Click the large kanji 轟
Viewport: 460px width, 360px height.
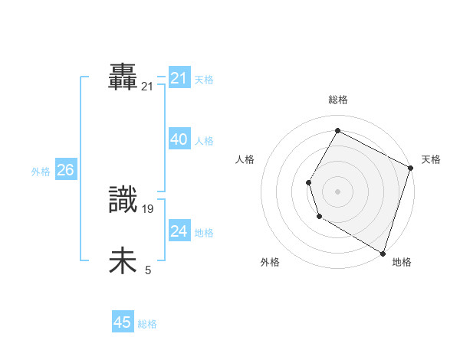123,78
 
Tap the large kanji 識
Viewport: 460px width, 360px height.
123,201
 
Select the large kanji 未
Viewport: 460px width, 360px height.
123,261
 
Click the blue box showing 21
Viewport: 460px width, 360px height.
179,78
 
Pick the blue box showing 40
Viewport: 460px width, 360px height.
179,139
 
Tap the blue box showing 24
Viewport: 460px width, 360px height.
179,231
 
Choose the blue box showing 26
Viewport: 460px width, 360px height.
65,170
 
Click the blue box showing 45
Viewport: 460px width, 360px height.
123,322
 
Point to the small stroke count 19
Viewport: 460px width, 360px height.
149,208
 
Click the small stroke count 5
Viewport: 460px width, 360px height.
148,270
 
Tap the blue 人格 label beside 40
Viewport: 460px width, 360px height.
204,141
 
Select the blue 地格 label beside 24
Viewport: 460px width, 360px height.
204,232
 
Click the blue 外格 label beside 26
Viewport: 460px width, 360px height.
41,172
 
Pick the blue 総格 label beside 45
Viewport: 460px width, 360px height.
147,324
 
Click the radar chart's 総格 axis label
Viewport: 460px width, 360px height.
338,100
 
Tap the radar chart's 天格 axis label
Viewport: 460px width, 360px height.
431,159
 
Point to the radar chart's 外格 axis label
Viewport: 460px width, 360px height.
270,262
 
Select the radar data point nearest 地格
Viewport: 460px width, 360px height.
383,252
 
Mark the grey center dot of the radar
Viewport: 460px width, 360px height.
338,191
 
